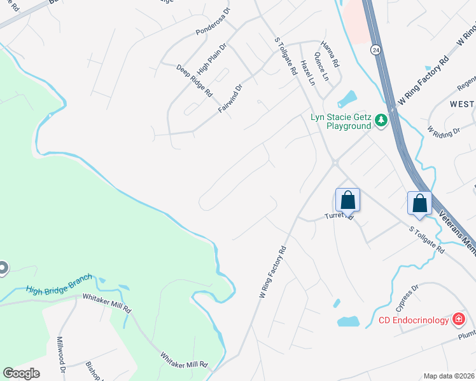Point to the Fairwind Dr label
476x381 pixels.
click(230, 99)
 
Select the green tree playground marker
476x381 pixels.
click(381, 120)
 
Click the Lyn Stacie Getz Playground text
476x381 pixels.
click(340, 121)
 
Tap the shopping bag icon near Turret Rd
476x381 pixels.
click(347, 200)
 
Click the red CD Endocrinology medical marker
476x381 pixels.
click(458, 319)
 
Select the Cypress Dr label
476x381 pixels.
click(407, 298)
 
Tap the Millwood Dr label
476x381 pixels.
click(62, 354)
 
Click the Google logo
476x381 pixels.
click(21, 373)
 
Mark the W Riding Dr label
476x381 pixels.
click(444, 132)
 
